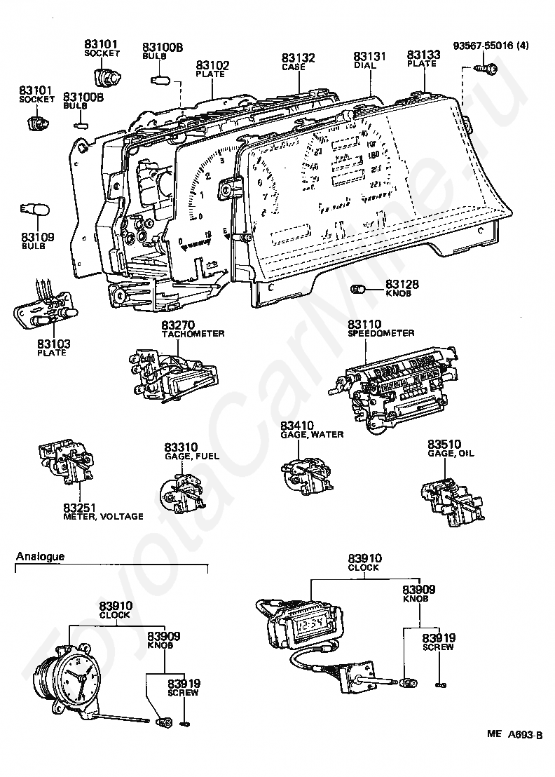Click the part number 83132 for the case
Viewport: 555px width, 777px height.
point(299,58)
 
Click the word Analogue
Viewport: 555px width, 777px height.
point(40,557)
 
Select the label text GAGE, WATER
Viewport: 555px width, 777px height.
point(312,435)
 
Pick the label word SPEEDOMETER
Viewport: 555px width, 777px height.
point(381,334)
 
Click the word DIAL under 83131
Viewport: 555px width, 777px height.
point(365,65)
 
